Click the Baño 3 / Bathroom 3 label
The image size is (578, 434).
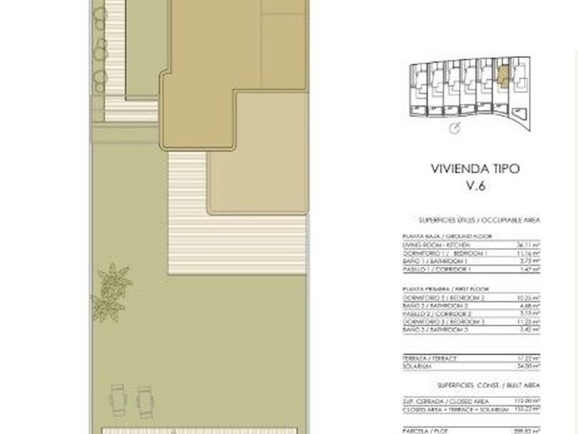click(x=431, y=329)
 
